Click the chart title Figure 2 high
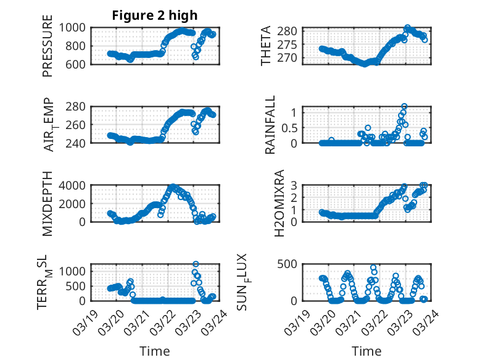pos(154,15)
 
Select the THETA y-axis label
pos(266,45)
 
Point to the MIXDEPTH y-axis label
pos(48,203)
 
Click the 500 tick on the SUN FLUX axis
pos(291,264)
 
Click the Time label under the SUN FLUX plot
pos(366,351)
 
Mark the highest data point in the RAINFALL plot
pos(404,106)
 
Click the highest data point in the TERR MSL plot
pos(196,264)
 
